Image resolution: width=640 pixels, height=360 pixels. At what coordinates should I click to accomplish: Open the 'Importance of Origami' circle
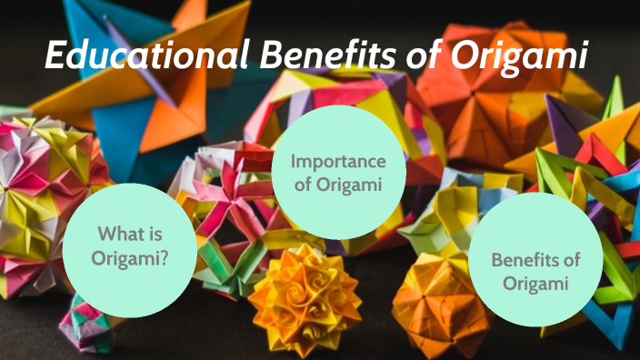338,173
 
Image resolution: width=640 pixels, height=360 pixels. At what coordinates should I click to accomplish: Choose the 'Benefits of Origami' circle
535,271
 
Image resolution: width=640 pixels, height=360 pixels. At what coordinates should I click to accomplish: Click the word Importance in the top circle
338,162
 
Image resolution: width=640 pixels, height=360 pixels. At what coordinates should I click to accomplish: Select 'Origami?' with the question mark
130,259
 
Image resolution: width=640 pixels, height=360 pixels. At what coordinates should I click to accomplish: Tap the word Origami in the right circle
535,283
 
